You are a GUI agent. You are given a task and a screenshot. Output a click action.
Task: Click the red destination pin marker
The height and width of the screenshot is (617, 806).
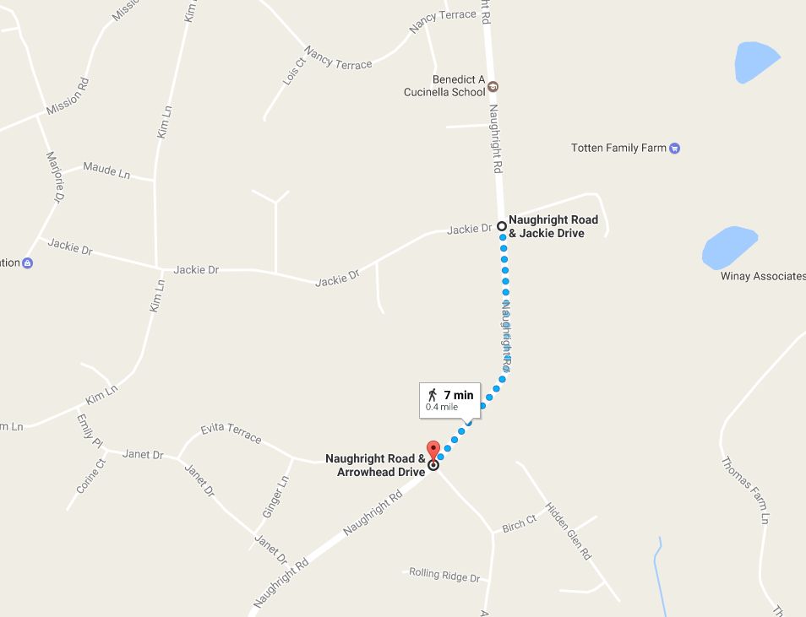(433, 450)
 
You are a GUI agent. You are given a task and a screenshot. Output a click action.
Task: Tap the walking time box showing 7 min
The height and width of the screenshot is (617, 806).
(449, 399)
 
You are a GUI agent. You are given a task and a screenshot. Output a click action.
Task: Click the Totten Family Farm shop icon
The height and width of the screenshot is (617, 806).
(674, 149)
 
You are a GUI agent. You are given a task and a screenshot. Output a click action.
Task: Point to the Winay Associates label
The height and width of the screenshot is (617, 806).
(763, 276)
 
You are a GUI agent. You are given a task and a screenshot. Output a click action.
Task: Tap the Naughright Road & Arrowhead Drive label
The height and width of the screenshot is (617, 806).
(376, 465)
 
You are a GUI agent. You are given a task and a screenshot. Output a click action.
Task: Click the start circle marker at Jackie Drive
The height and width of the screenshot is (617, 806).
(502, 226)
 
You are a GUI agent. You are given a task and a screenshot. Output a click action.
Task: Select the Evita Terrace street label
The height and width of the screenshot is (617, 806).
(231, 433)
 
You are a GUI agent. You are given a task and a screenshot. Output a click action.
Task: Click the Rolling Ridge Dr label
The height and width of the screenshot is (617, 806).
(444, 575)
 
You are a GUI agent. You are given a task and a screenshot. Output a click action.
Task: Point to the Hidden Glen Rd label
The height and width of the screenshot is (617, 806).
(568, 532)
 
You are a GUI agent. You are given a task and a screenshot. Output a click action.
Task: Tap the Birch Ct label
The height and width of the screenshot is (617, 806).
(519, 524)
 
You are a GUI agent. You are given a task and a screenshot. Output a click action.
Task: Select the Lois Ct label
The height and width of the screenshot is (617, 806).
(294, 73)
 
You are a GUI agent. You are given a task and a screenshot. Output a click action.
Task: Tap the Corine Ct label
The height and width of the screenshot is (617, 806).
(91, 475)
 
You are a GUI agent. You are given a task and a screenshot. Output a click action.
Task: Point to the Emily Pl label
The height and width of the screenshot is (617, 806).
(89, 430)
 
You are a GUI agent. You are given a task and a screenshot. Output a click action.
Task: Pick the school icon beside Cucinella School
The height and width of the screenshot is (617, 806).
(494, 86)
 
